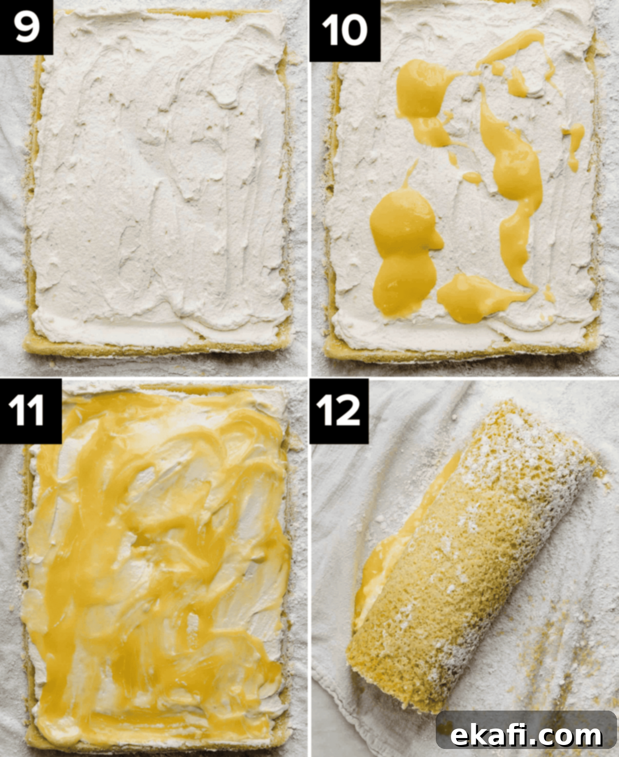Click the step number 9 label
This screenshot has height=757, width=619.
(26, 27)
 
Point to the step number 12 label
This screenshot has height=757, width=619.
(339, 410)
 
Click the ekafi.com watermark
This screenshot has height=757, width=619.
(526, 726)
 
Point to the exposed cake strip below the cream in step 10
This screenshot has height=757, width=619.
(463, 350)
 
